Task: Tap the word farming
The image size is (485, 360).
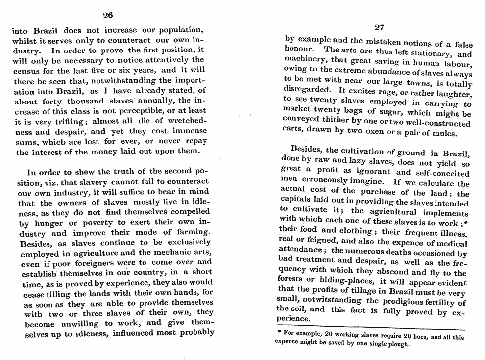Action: click(x=192, y=232)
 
